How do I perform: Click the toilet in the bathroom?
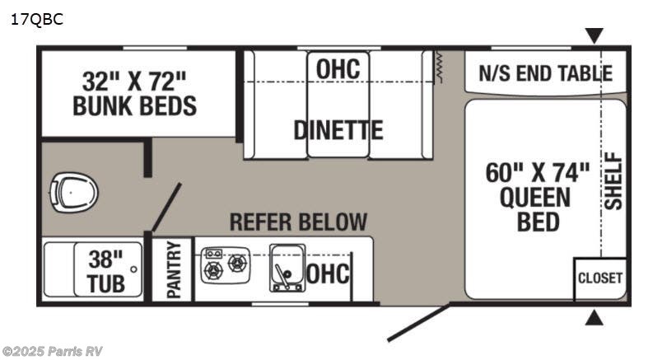pyautogui.click(x=74, y=194)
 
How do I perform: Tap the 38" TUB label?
pyautogui.click(x=106, y=272)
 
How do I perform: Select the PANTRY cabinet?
pyautogui.click(x=173, y=269)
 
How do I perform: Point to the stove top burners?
pyautogui.click(x=226, y=265)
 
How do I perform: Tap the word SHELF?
pyautogui.click(x=613, y=181)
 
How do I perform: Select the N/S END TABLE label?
pyautogui.click(x=546, y=73)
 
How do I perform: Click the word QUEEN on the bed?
pyautogui.click(x=535, y=198)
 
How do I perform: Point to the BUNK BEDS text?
pyautogui.click(x=134, y=105)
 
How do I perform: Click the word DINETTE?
pyautogui.click(x=338, y=130)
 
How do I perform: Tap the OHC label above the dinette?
pyautogui.click(x=338, y=68)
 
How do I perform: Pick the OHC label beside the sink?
pyautogui.click(x=328, y=274)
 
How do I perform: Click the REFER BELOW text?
pyautogui.click(x=298, y=222)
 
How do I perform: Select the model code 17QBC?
pyautogui.click(x=37, y=19)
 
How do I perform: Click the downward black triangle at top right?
pyautogui.click(x=594, y=35)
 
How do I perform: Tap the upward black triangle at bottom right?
pyautogui.click(x=594, y=318)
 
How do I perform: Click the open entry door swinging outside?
pyautogui.click(x=418, y=322)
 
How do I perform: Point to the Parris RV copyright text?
pyautogui.click(x=52, y=351)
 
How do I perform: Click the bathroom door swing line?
pyautogui.click(x=166, y=207)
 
